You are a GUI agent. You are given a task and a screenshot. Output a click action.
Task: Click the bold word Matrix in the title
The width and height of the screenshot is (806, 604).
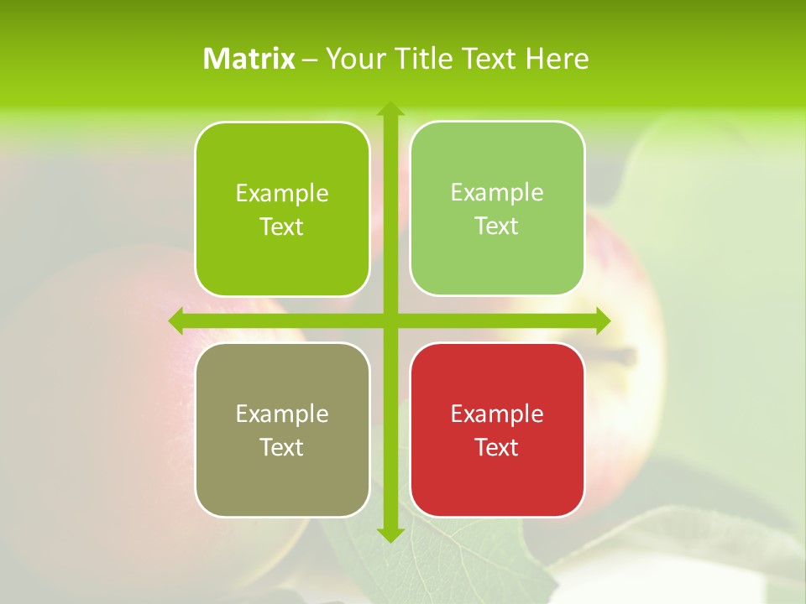point(249,59)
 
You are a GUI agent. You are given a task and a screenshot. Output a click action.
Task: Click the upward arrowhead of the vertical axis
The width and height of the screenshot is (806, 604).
point(390,109)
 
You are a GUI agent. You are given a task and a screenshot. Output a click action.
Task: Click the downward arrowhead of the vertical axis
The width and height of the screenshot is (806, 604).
point(390,534)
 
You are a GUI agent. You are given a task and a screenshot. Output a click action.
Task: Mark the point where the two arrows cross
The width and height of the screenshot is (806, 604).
point(390,320)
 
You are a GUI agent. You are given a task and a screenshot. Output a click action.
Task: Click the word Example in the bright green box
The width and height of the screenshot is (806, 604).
point(282,194)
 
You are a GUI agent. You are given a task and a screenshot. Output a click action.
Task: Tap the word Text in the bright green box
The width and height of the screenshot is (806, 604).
point(282,227)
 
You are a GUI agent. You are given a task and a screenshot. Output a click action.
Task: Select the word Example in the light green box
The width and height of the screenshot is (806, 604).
point(497,193)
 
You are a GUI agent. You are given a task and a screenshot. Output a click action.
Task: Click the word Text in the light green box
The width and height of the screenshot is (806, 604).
point(497,226)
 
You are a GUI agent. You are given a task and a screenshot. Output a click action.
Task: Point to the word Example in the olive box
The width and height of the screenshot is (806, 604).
point(282,414)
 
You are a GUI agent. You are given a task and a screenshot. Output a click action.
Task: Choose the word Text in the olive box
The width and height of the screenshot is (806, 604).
point(282,447)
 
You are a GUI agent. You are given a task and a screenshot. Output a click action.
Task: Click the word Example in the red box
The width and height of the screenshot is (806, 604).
point(497,414)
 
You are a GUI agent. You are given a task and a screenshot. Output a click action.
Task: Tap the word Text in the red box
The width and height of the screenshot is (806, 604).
point(497,447)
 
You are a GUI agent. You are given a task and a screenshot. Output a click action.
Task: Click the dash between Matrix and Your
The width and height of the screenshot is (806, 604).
point(311,60)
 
